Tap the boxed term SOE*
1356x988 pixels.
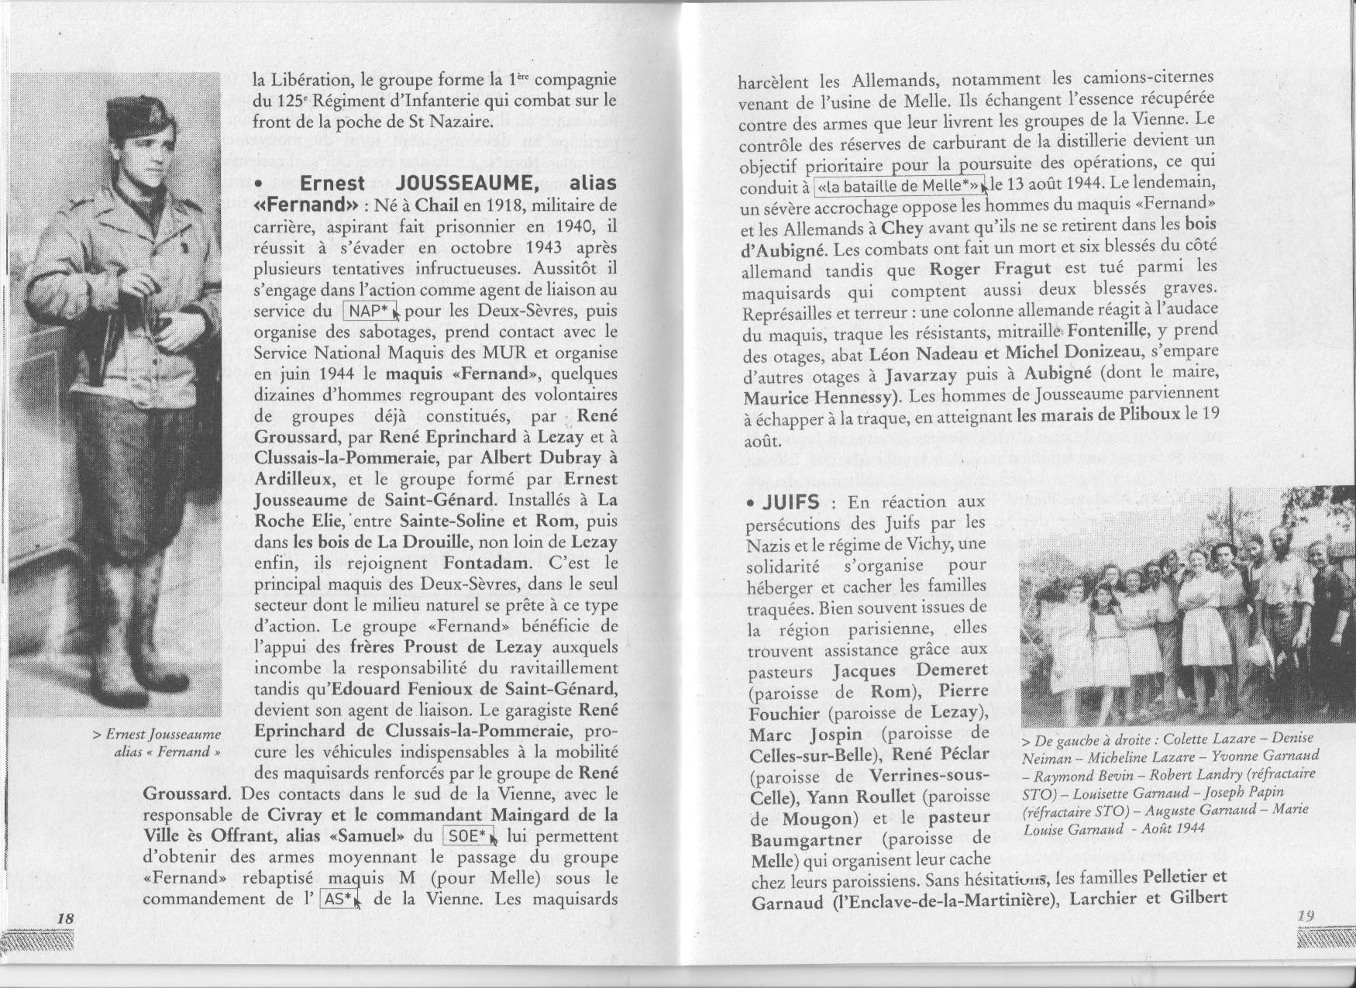[467, 836]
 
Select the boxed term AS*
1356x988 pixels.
[338, 900]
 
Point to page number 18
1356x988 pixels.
[65, 918]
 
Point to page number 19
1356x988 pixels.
[1306, 914]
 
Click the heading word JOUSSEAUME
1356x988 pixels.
[466, 184]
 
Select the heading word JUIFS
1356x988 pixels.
[788, 502]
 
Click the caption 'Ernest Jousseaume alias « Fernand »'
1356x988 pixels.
[162, 742]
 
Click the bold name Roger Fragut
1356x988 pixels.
[989, 268]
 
